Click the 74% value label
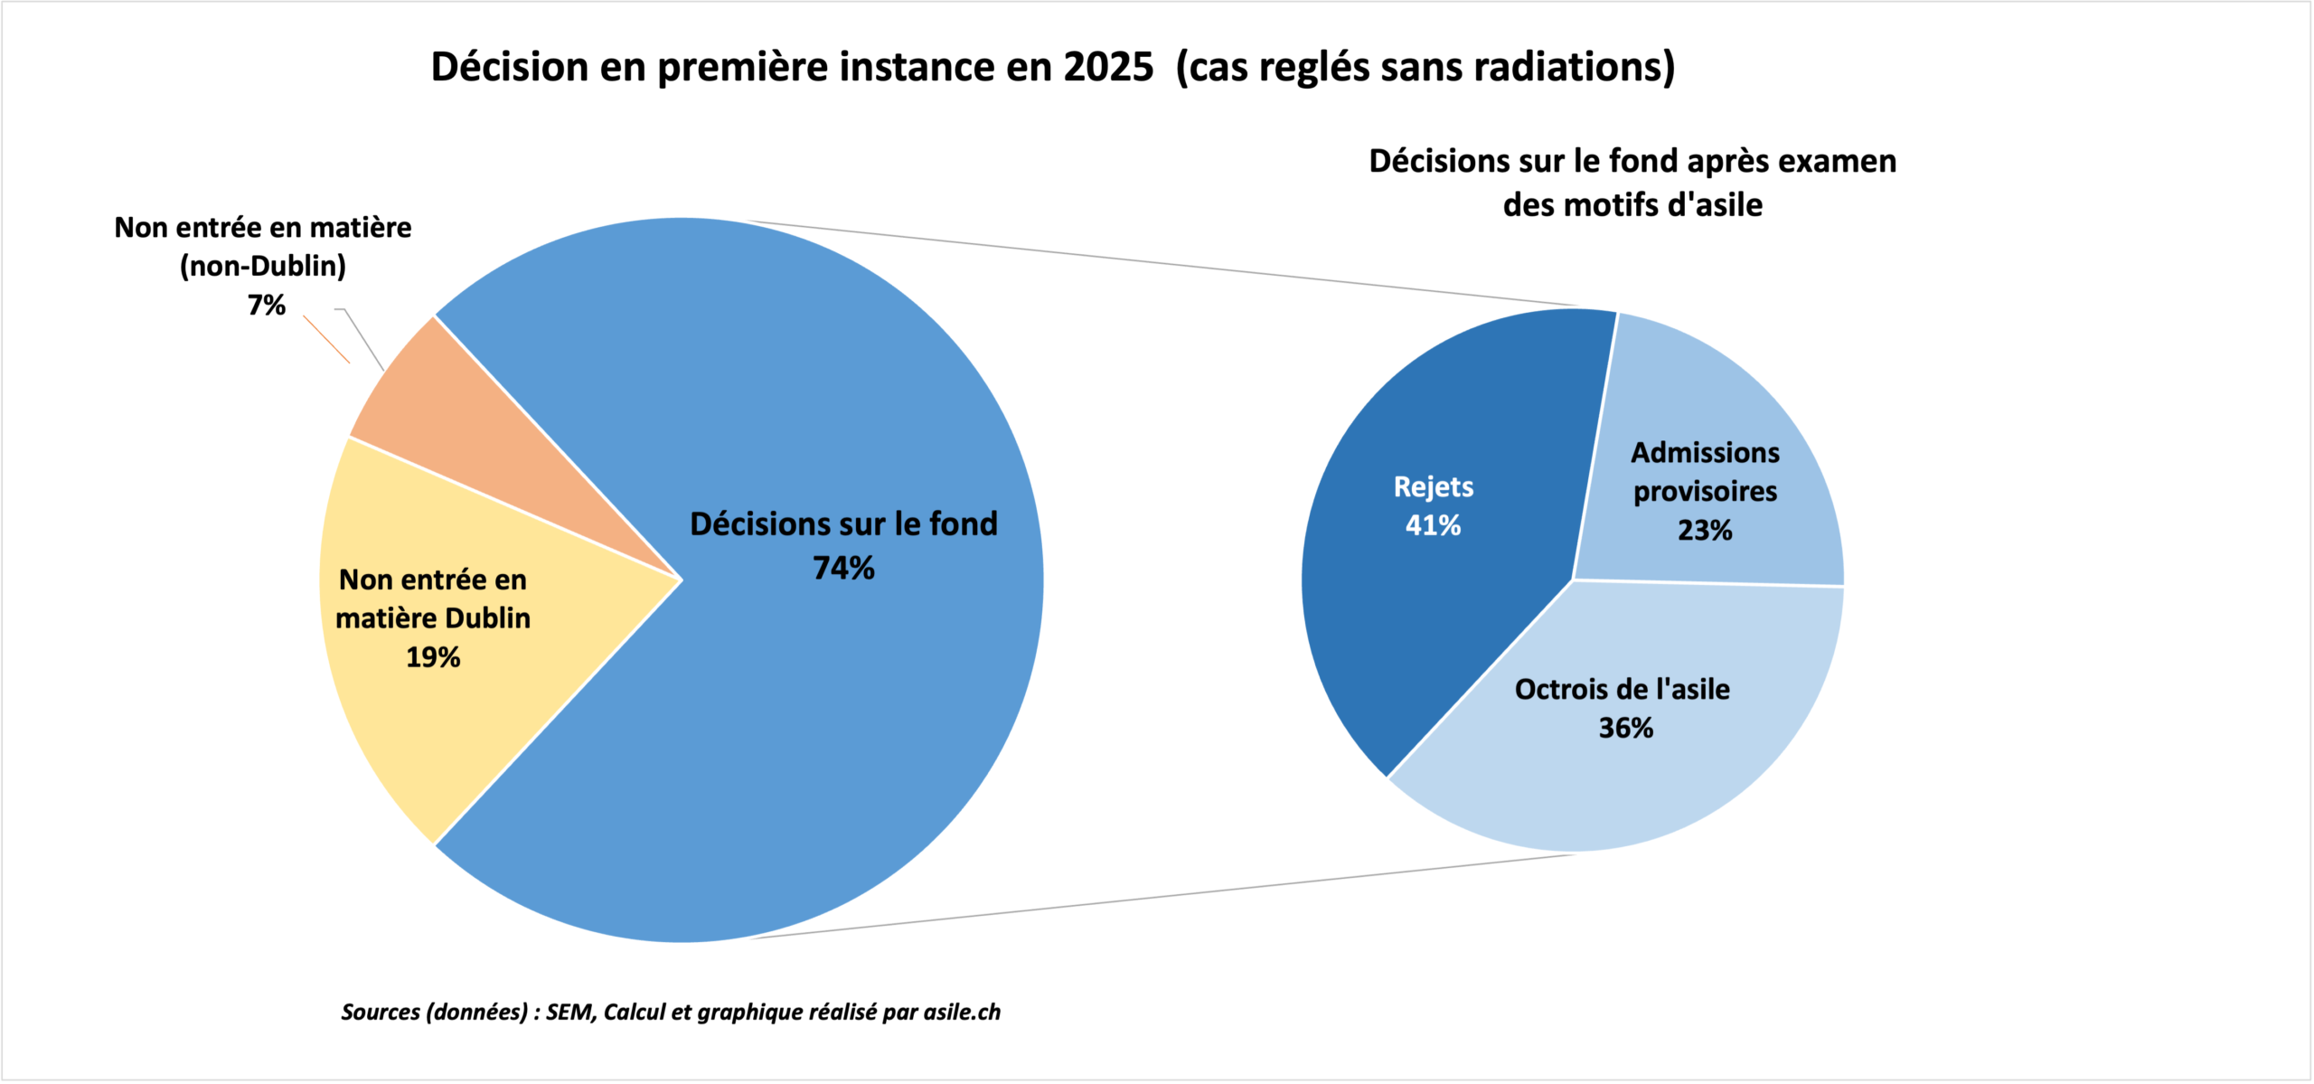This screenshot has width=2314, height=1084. (843, 569)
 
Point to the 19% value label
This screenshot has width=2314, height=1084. (433, 657)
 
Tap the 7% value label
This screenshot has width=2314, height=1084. (267, 306)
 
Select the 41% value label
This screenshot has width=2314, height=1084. (1433, 525)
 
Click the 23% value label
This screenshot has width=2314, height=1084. (1705, 530)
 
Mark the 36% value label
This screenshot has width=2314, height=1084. (1625, 728)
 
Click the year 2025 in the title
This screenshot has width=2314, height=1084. (1108, 67)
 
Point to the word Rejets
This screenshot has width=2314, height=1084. (1434, 487)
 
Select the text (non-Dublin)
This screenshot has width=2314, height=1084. (263, 267)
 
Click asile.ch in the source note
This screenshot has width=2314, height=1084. (962, 1012)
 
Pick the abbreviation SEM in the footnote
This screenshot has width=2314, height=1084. (569, 1012)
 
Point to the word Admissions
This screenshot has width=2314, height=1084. (1705, 452)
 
